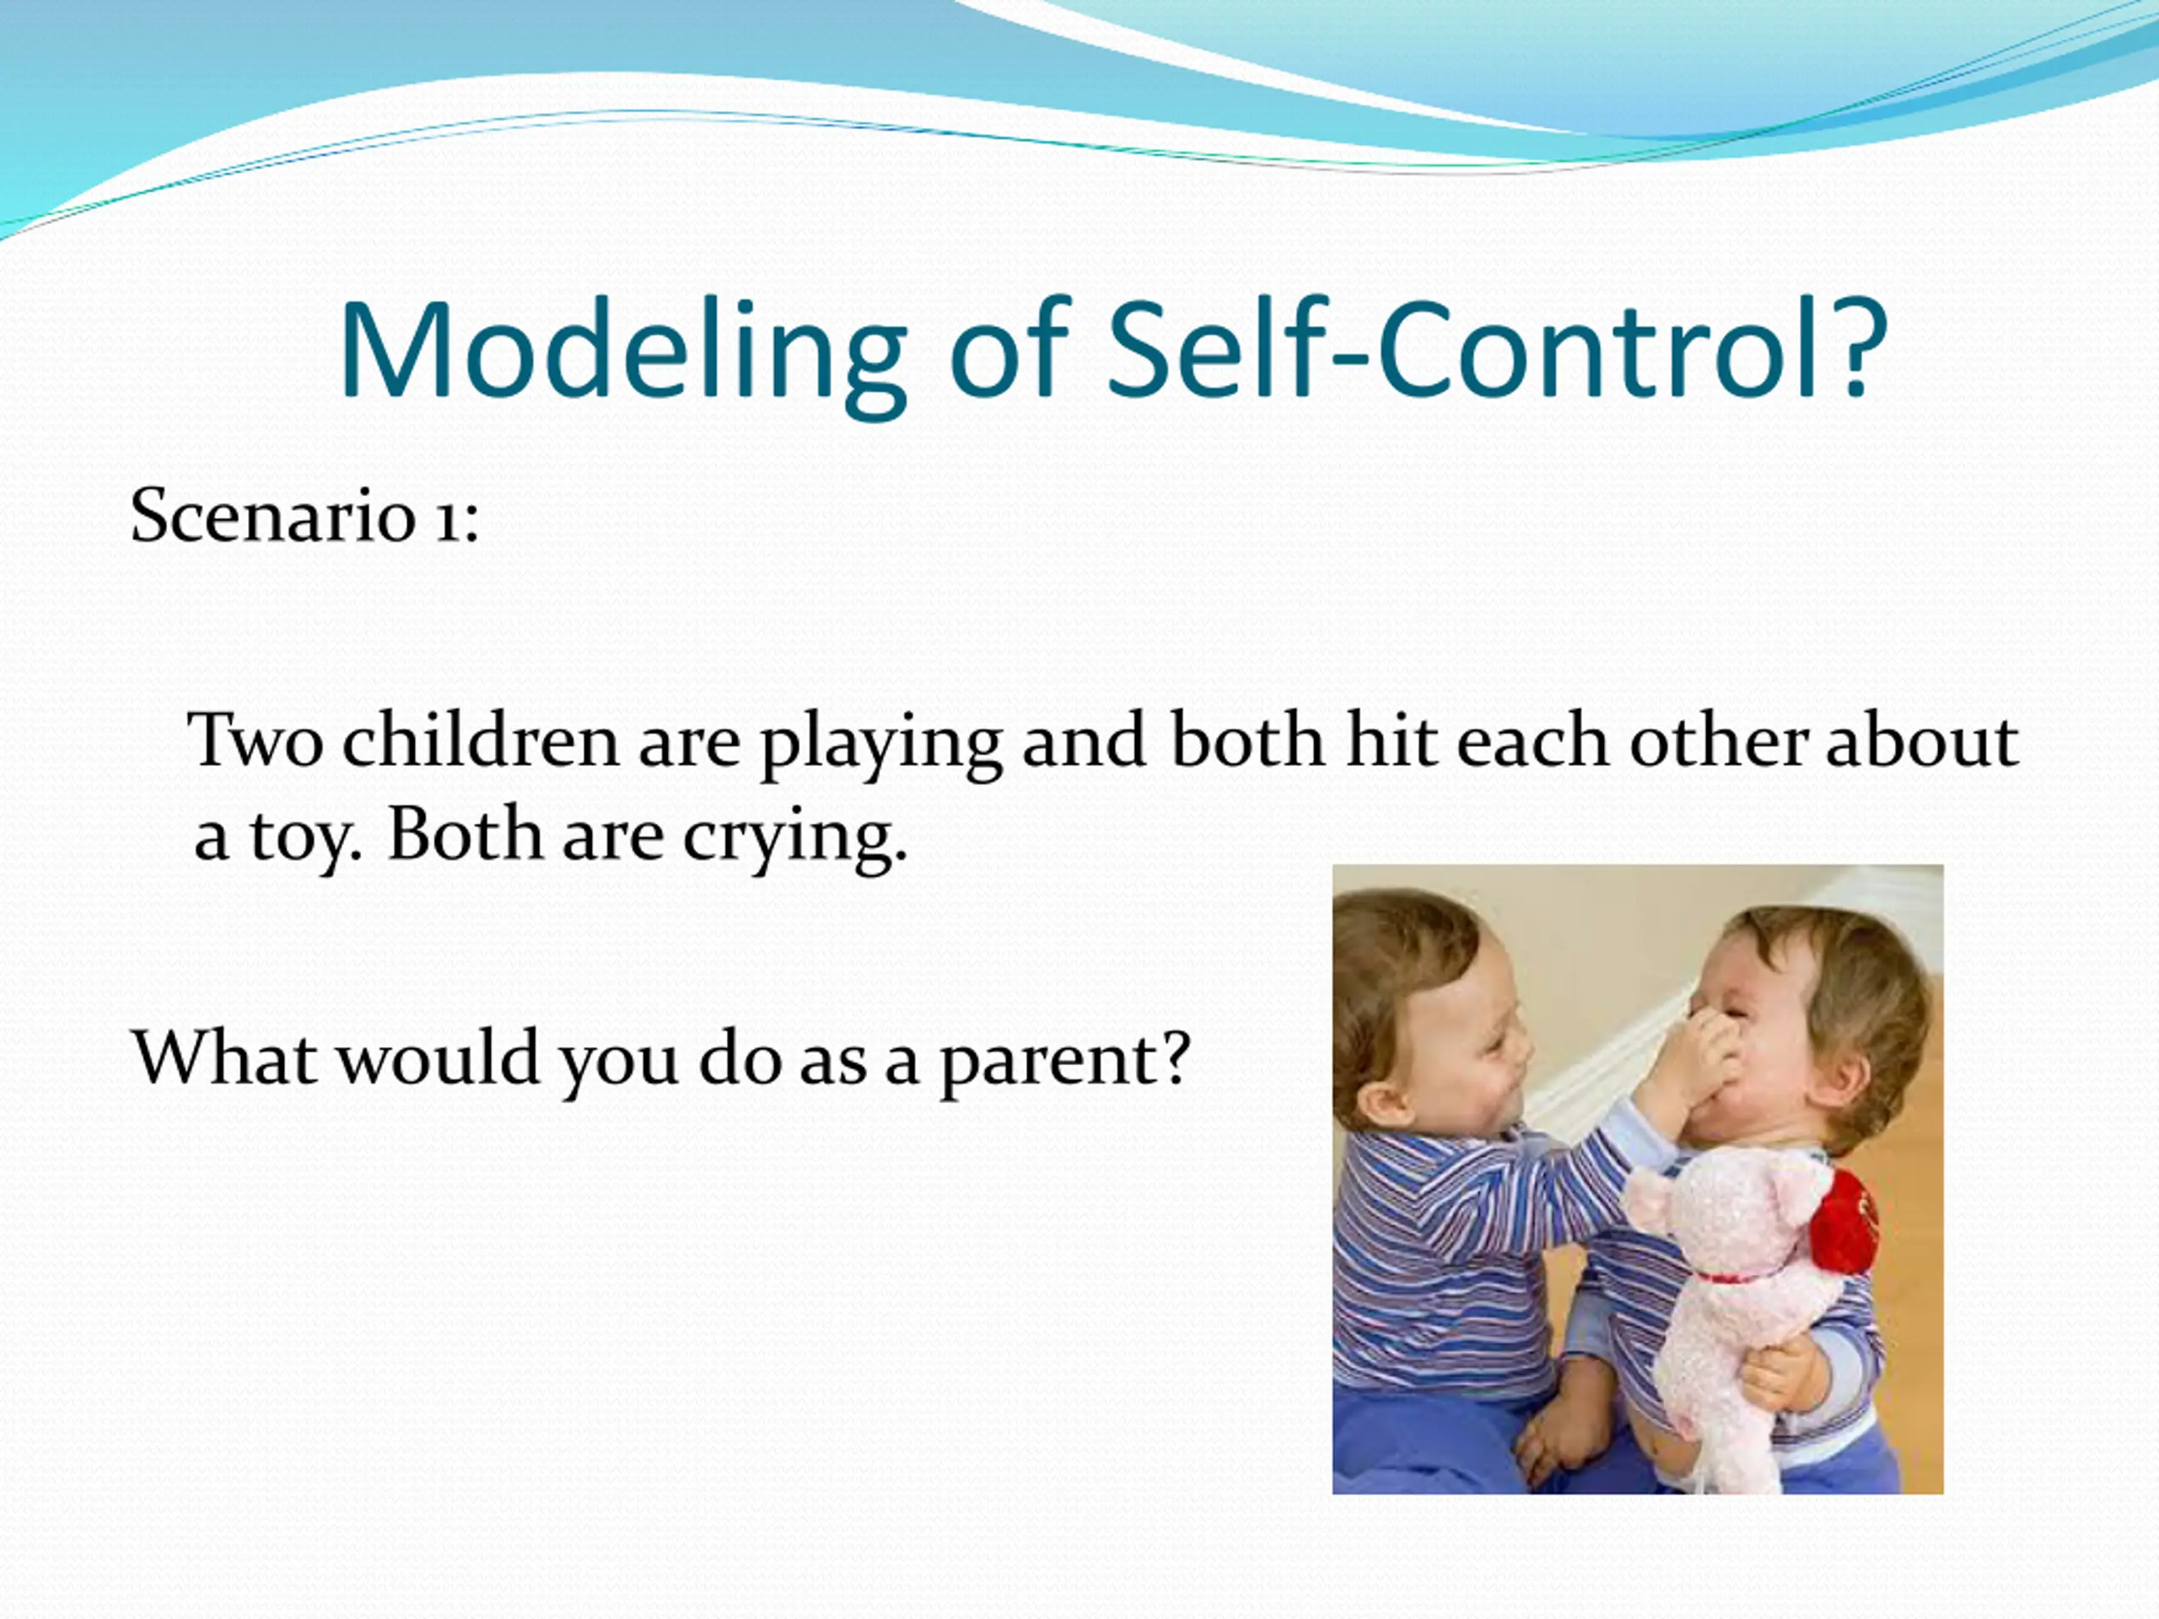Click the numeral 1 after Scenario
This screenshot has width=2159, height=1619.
coord(446,520)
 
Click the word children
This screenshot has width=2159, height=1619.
coord(480,739)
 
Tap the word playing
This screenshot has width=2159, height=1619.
coord(880,745)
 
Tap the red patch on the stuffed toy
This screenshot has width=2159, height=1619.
coord(1844,1220)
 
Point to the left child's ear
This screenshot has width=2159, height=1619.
coord(1378,1102)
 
